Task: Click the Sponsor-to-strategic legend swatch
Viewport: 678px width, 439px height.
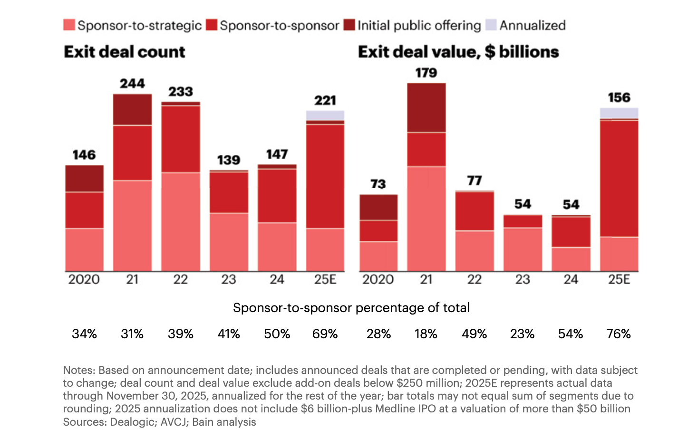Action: [x=69, y=25]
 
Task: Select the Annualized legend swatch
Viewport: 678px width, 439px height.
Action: [x=491, y=25]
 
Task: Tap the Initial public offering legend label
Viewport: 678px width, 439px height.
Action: [x=419, y=25]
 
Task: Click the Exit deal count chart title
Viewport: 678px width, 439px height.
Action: [x=125, y=52]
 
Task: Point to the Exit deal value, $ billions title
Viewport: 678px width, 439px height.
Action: [x=458, y=52]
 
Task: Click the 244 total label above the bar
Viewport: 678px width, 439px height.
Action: [x=132, y=84]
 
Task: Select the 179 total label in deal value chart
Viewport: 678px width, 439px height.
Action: [x=426, y=73]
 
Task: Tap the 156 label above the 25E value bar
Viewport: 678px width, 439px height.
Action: [x=619, y=97]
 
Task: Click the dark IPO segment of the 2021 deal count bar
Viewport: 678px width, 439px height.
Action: [x=132, y=109]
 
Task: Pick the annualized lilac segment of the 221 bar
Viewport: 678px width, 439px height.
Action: [x=325, y=115]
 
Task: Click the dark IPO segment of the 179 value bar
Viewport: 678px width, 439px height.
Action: [x=426, y=107]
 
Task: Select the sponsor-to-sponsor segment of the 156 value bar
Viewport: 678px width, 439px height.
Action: [x=619, y=178]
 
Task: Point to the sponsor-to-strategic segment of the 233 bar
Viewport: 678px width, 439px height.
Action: [x=181, y=221]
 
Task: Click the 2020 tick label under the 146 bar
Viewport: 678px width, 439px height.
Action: [x=84, y=279]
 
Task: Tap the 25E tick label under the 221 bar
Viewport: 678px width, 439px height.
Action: [x=325, y=279]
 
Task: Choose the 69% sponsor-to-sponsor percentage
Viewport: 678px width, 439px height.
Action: [x=325, y=334]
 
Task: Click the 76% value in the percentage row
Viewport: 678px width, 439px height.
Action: [x=619, y=334]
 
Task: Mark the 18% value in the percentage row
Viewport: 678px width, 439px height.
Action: [x=426, y=334]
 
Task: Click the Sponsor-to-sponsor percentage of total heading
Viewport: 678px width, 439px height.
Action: [x=351, y=308]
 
